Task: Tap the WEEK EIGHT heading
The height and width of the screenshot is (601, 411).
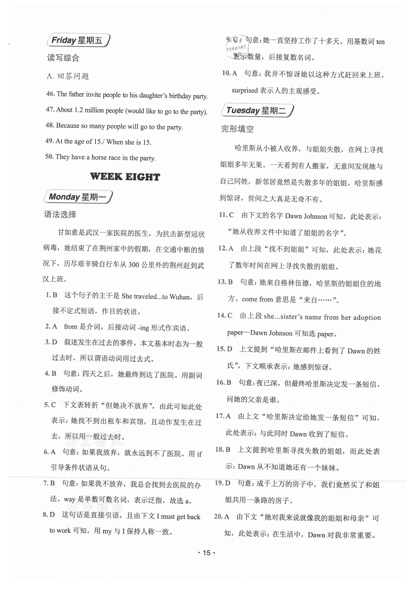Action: (x=125, y=177)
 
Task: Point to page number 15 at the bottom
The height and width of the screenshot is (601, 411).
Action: (x=206, y=553)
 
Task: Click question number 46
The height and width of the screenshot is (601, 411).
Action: (x=51, y=94)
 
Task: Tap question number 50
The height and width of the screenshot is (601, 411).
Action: (x=49, y=156)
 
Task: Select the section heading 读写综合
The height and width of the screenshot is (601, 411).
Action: (x=63, y=58)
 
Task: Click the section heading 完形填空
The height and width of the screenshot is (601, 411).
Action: (x=237, y=129)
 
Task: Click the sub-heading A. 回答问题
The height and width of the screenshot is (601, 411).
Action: (x=68, y=76)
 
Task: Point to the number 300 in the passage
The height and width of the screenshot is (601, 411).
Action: (x=134, y=265)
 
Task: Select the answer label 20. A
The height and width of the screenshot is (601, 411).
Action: (x=222, y=516)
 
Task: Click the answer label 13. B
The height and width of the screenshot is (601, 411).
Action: (x=225, y=282)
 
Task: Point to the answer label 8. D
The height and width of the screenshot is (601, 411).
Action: (x=49, y=515)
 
